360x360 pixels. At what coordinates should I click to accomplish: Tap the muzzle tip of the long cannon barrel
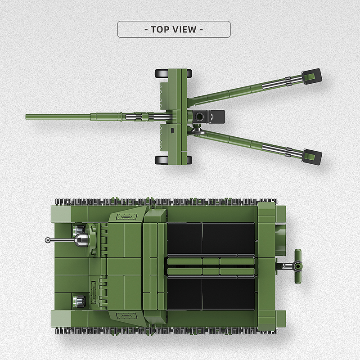(27, 117)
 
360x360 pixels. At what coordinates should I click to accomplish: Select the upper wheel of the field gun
(162, 73)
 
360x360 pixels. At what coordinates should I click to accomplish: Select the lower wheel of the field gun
(162, 160)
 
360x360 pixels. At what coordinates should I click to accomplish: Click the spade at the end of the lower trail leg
(312, 156)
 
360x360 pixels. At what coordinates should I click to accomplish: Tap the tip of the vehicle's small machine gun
(48, 240)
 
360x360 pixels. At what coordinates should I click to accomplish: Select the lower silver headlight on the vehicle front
(79, 299)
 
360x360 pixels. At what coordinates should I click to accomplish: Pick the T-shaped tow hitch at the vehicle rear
(297, 266)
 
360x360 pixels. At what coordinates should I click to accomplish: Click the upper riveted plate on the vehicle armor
(126, 217)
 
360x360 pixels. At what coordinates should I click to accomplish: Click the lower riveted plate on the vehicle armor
(126, 315)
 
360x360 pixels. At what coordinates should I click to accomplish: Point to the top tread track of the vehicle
(166, 201)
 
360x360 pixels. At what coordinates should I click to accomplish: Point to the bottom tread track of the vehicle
(166, 331)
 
